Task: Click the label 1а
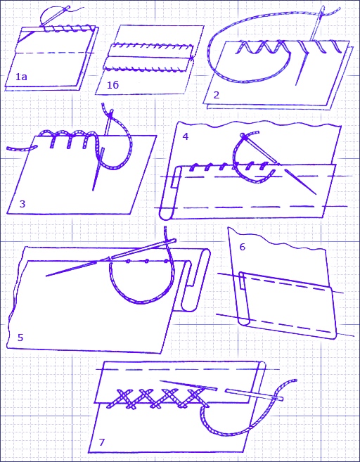(21, 77)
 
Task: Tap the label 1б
(112, 85)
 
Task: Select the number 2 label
(217, 95)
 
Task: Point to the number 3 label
(22, 204)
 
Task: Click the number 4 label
(186, 136)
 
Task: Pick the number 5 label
(20, 338)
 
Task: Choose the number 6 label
(242, 247)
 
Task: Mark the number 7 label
(102, 442)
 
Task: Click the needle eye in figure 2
(322, 11)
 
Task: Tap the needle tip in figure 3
(93, 191)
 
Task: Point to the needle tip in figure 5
(46, 276)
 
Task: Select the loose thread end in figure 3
(8, 149)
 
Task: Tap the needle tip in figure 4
(315, 194)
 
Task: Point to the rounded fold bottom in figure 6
(244, 323)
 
